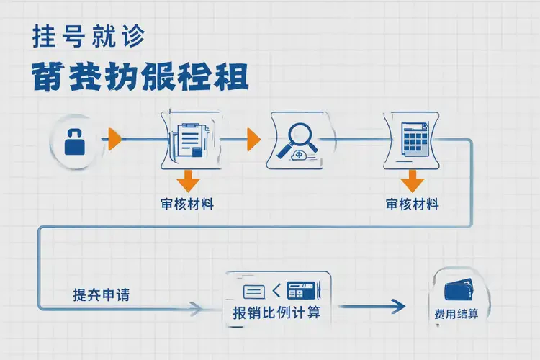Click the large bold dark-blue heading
pyautogui.click(x=141, y=75)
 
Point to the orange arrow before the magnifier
pyautogui.click(x=253, y=139)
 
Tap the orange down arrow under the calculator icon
pyautogui.click(x=413, y=179)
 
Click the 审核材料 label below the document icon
pyautogui.click(x=187, y=204)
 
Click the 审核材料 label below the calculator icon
pyautogui.click(x=413, y=204)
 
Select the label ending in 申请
pyautogui.click(x=102, y=294)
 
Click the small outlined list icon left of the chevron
pyautogui.click(x=254, y=292)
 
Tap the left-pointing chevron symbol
pyautogui.click(x=276, y=292)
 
